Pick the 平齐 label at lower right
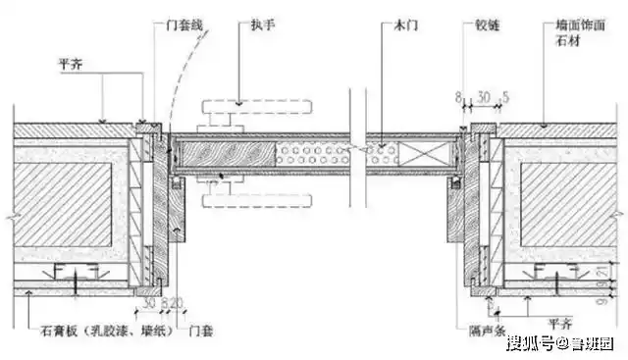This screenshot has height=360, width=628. (560, 323)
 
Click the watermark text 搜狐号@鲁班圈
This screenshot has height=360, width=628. (560, 343)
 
